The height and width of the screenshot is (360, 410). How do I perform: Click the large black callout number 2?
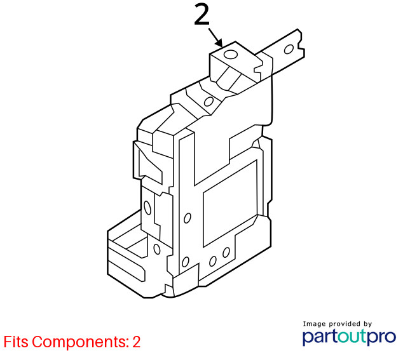pos(202,15)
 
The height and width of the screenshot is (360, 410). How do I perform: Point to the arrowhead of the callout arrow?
pos(219,43)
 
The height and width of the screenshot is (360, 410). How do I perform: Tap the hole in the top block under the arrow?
pos(231,55)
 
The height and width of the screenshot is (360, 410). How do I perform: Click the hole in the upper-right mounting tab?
pos(289,49)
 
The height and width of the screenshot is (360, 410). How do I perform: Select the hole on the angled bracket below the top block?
pos(208,102)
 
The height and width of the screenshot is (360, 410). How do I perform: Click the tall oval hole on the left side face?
pos(147,208)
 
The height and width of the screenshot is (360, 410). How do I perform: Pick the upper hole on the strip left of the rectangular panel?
pos(188,218)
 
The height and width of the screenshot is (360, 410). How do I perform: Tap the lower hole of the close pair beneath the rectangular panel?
pos(213,261)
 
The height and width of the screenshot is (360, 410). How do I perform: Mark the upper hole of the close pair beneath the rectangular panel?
pos(226,252)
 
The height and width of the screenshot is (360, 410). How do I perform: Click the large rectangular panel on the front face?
pos(230,203)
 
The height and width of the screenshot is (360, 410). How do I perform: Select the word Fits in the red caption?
pos(16,342)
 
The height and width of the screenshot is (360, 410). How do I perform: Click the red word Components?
pos(81,342)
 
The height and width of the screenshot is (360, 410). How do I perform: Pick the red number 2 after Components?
pos(137,342)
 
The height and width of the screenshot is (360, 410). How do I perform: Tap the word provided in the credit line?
pos(344,324)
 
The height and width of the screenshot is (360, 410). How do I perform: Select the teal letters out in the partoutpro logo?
pos(353,337)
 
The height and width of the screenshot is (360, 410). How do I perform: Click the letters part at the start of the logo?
pos(320,337)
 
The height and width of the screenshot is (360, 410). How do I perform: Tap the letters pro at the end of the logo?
pos(382,338)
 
